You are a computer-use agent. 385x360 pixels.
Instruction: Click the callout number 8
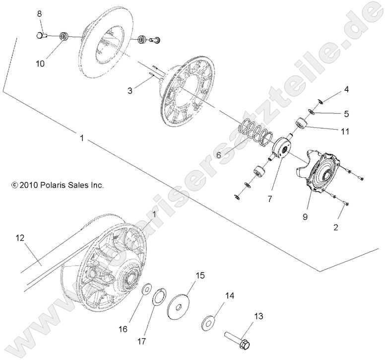(x=39, y=14)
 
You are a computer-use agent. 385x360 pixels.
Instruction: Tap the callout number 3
(x=130, y=90)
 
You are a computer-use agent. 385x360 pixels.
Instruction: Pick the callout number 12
(x=19, y=239)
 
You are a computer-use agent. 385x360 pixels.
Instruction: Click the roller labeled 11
(x=301, y=123)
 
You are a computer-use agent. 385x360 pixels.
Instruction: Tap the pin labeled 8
(x=42, y=35)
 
